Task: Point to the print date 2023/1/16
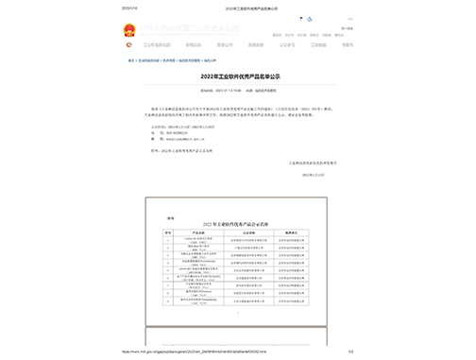pyautogui.click(x=129, y=8)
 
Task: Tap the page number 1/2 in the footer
pyautogui.click(x=348, y=351)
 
